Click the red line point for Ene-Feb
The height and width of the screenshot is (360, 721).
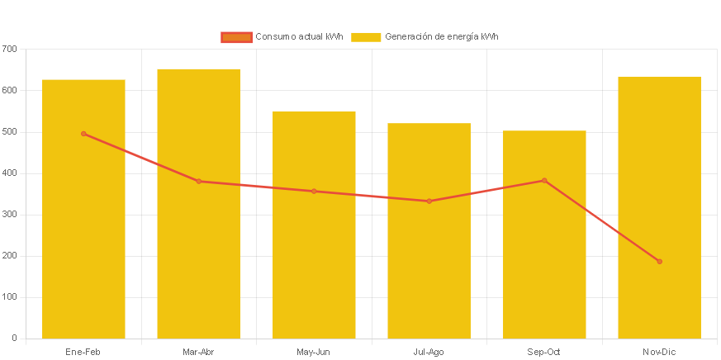83,134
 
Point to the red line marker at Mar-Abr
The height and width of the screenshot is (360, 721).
198,181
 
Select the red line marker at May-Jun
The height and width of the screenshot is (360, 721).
314,192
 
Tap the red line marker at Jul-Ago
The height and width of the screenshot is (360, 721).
429,201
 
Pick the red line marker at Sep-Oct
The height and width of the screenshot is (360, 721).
544,180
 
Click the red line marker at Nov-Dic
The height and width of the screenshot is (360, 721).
659,262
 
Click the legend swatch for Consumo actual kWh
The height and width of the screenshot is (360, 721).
236,37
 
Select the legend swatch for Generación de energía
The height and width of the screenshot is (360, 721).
366,37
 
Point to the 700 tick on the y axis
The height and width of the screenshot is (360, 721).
9,49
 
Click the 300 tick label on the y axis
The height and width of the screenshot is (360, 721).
9,214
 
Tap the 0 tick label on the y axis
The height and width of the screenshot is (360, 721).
14,338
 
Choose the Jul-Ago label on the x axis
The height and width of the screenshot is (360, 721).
429,353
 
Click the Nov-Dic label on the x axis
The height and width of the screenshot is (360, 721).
659,353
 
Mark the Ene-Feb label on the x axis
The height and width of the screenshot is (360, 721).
83,353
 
